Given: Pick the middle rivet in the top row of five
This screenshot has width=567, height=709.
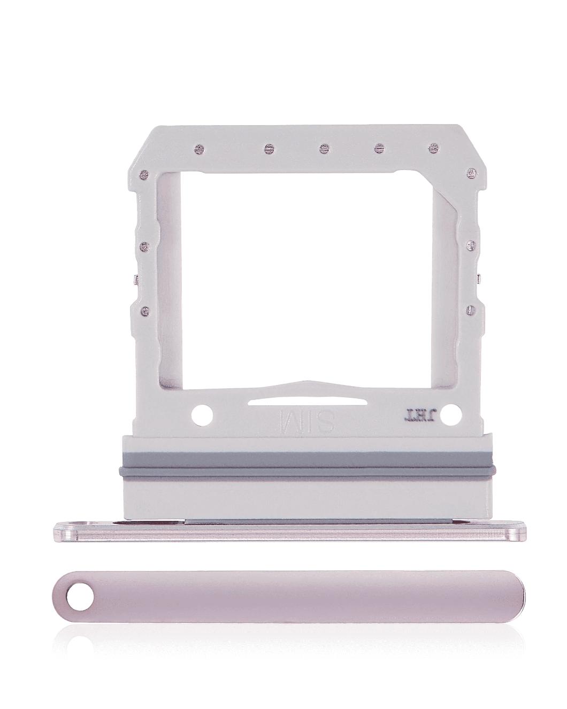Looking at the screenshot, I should click(323, 147).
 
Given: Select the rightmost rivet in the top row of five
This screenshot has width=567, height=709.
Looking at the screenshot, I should click(432, 147).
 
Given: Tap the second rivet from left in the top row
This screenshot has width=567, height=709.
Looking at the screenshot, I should click(267, 147).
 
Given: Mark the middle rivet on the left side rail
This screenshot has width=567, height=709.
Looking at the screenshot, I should click(143, 246).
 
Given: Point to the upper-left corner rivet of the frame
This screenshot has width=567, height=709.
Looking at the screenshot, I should click(143, 174).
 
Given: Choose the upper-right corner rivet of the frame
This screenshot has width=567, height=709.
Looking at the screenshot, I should click(471, 171).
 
